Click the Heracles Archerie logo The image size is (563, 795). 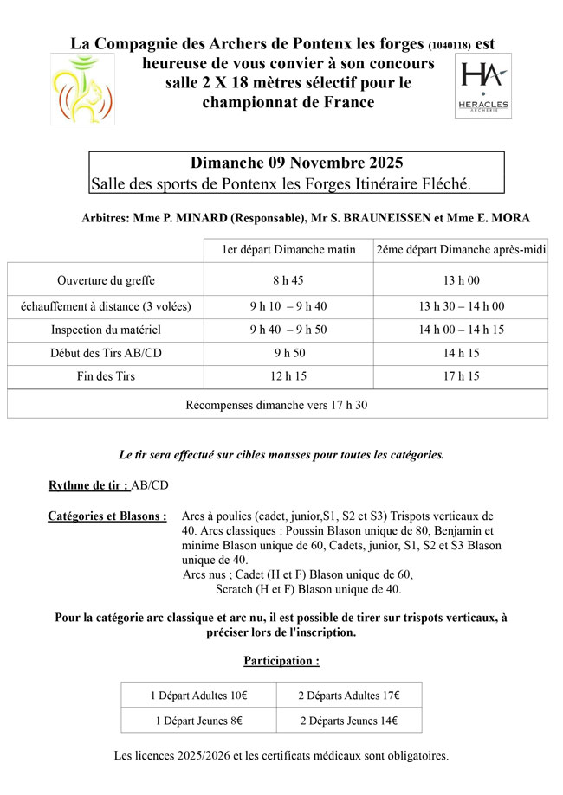(483, 87)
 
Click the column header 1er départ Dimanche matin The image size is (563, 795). (288, 250)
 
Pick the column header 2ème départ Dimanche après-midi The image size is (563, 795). (461, 250)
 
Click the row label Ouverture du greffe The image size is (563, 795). (106, 280)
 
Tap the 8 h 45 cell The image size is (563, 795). (288, 280)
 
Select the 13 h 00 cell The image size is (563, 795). (461, 280)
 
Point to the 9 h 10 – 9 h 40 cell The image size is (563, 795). (288, 306)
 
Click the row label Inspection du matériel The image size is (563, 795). (106, 330)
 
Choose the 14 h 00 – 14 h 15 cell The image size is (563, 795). (461, 330)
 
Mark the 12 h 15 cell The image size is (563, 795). (288, 376)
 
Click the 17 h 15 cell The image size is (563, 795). (461, 376)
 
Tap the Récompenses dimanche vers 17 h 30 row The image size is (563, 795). (277, 404)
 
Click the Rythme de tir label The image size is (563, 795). (88, 485)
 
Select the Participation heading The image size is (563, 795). (281, 661)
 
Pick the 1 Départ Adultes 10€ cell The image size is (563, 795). (198, 695)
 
